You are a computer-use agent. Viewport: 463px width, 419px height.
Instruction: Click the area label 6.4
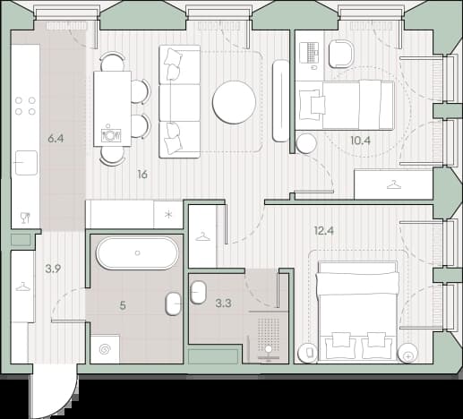click(56, 139)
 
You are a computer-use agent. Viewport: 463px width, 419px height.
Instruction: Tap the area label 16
click(142, 175)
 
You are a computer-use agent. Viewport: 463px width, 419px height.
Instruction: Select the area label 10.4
click(360, 141)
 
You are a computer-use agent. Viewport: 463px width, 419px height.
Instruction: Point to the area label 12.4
click(323, 230)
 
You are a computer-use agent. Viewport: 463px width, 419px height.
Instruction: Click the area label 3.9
click(53, 269)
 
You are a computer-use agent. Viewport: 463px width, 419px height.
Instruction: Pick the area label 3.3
click(223, 304)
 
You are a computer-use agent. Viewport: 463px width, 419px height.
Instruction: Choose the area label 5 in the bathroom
click(123, 305)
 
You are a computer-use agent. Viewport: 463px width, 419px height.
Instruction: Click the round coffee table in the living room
click(234, 102)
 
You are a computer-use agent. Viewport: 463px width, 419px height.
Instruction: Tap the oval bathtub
click(137, 253)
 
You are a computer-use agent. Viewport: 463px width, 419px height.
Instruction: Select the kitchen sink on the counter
click(26, 163)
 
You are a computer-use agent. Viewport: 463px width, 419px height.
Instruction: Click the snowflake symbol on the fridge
click(168, 214)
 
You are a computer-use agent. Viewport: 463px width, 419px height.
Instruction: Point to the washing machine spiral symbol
click(105, 349)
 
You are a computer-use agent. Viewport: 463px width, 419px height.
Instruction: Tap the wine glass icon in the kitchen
click(25, 218)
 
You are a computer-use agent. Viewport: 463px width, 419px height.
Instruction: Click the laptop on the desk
click(310, 53)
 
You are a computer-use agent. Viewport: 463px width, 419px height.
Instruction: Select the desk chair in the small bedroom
click(340, 55)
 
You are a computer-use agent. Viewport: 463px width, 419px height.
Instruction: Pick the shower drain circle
click(269, 349)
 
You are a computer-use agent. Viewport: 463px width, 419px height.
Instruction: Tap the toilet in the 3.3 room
click(198, 293)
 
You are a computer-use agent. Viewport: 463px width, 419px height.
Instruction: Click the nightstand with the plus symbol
click(407, 354)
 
